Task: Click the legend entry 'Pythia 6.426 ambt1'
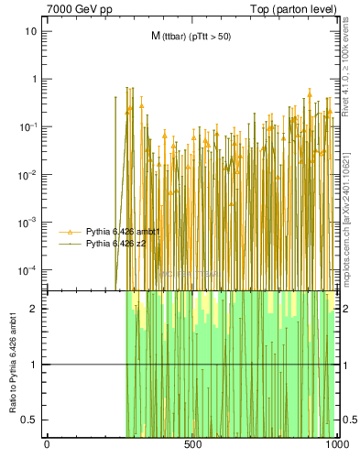pyautogui.click(x=123, y=232)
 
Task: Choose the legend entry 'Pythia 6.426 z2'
pyautogui.click(x=116, y=245)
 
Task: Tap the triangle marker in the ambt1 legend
pyautogui.click(x=71, y=232)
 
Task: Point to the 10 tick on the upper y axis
pyautogui.click(x=31, y=31)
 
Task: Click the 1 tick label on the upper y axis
pyautogui.click(x=34, y=79)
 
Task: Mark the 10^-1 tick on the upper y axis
pyautogui.click(x=29, y=126)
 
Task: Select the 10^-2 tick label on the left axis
pyautogui.click(x=29, y=174)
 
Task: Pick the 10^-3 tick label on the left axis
pyautogui.click(x=29, y=222)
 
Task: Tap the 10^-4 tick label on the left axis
pyautogui.click(x=29, y=269)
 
